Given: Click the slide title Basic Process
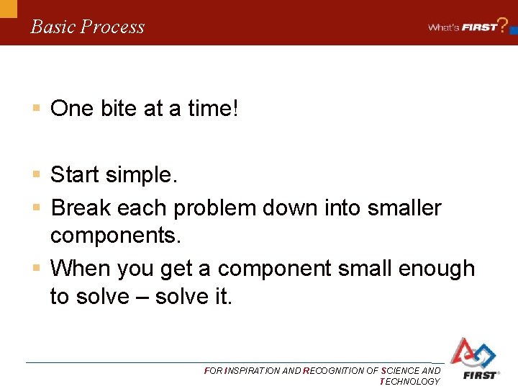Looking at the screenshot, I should pos(87,27).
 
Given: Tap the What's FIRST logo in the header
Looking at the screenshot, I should pos(463,27).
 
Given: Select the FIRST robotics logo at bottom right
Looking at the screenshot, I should pos(473,358).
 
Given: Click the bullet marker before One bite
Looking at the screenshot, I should pos(35,109).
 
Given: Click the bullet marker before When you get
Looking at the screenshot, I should pos(35,268).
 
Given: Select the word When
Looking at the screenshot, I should pos(79,268).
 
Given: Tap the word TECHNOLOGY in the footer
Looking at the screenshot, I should pos(409,381).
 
